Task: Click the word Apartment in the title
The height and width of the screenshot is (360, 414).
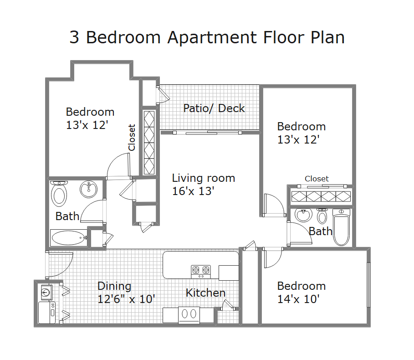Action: point(212,37)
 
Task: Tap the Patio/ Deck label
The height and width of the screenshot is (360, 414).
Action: point(214,108)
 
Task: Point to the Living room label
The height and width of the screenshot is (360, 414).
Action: point(203,178)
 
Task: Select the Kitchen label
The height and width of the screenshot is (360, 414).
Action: point(206,293)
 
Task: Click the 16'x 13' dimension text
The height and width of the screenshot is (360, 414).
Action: point(193,191)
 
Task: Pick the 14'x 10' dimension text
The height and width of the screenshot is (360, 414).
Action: point(298,299)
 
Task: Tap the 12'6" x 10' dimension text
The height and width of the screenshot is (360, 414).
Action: point(126,299)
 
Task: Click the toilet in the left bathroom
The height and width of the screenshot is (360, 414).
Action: point(59,194)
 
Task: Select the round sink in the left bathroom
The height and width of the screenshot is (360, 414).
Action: point(89,190)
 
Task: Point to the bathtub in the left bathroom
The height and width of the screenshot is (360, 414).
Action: point(69,238)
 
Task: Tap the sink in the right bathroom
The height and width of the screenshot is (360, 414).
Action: point(303,215)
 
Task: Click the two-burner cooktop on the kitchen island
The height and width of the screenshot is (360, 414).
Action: point(201,272)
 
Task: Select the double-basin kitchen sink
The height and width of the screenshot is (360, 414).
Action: point(189,315)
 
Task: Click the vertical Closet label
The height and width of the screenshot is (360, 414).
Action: point(132,138)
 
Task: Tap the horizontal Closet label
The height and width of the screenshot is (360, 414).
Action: point(317,179)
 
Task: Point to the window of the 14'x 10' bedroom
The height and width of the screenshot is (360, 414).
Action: point(368,285)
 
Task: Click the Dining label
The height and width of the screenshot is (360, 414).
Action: point(114,286)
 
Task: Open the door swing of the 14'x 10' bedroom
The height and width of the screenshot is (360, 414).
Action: point(272,258)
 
